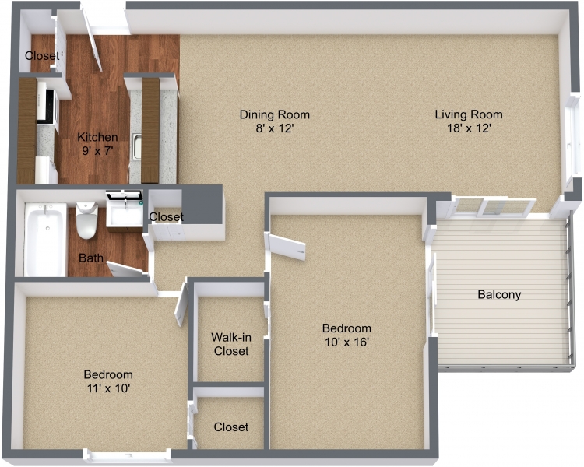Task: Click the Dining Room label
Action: pyautogui.click(x=269, y=115)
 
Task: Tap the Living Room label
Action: pyautogui.click(x=469, y=115)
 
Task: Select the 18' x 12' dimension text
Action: pyautogui.click(x=469, y=128)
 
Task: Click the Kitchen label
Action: pyautogui.click(x=98, y=138)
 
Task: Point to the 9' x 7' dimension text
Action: pyautogui.click(x=98, y=151)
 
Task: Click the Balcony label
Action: pyautogui.click(x=499, y=295)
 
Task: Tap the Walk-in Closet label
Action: pyautogui.click(x=230, y=345)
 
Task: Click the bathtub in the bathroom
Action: pyautogui.click(x=45, y=237)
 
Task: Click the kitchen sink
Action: pyautogui.click(x=136, y=146)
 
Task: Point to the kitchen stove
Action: pyautogui.click(x=47, y=110)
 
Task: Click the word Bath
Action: pyautogui.click(x=90, y=258)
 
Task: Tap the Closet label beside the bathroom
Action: pyautogui.click(x=166, y=216)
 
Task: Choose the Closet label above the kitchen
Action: pyautogui.click(x=41, y=56)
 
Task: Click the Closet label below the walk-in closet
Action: pyautogui.click(x=230, y=427)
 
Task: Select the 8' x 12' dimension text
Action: pyautogui.click(x=269, y=128)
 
